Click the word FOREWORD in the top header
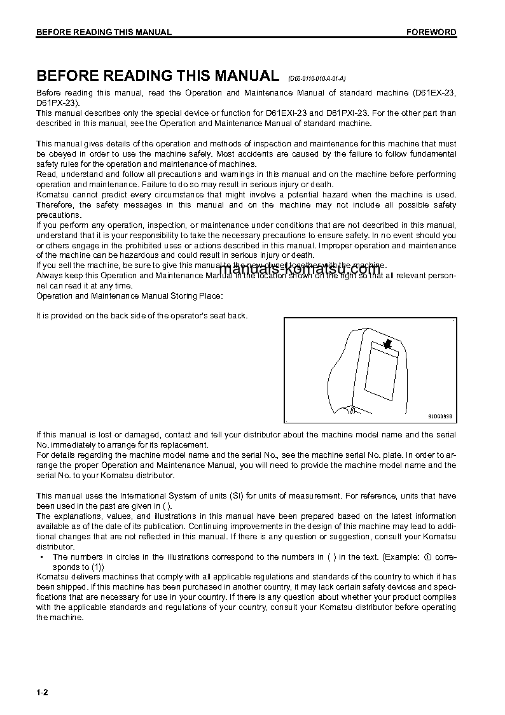pyautogui.click(x=431, y=32)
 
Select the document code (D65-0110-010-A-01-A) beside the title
pyautogui.click(x=316, y=78)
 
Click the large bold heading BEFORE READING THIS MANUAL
pyautogui.click(x=158, y=76)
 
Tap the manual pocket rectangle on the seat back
pyautogui.click(x=380, y=376)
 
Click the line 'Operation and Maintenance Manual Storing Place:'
pyautogui.click(x=130, y=296)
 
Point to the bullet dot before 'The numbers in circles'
pyautogui.click(x=41, y=557)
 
